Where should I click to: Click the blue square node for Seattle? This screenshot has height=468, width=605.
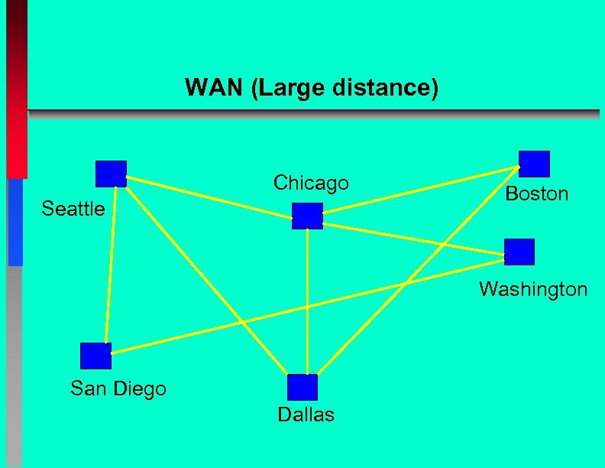coord(111,174)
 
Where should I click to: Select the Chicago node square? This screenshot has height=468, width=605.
coord(307,216)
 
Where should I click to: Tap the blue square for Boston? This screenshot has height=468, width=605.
coord(534,164)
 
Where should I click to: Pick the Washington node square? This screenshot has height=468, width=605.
coord(519,252)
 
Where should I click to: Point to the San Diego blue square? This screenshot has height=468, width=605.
coord(95,356)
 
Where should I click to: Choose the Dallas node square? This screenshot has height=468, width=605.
coord(302,388)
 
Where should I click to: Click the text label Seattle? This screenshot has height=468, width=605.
coord(73,209)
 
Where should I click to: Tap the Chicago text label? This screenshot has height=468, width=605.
coord(311,183)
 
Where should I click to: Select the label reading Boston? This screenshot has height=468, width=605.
coord(537,193)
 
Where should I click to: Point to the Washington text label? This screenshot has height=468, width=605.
coord(533,289)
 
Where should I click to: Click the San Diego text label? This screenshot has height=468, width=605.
coord(118,388)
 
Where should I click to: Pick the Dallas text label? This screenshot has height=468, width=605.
coord(306,415)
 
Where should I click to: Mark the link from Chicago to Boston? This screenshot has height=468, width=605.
coord(420,191)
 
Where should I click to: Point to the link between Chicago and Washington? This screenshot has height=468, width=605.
coord(412,236)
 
